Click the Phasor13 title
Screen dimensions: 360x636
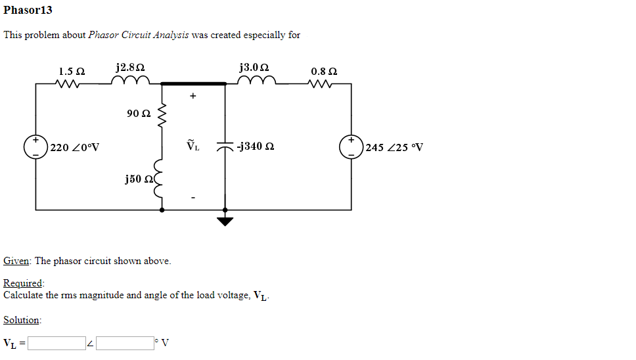click(x=28, y=11)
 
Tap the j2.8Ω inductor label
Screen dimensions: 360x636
click(x=130, y=68)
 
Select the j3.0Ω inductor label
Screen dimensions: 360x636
click(x=254, y=68)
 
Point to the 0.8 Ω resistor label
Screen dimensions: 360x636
click(x=324, y=71)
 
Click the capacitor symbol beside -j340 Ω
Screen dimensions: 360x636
click(x=225, y=146)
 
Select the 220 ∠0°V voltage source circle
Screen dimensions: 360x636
click(x=36, y=146)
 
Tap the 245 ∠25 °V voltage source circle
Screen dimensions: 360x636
click(x=351, y=146)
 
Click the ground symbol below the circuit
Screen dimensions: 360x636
click(x=225, y=220)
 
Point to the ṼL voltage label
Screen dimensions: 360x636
click(x=193, y=146)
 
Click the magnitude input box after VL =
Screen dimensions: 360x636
click(x=56, y=343)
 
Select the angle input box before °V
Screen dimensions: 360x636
click(x=124, y=343)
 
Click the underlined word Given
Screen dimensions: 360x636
click(x=16, y=261)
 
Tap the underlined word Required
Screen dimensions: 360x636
click(x=23, y=283)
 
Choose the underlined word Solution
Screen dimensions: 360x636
click(x=22, y=320)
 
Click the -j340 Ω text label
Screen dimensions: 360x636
click(x=256, y=146)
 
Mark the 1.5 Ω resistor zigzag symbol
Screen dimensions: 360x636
click(x=70, y=84)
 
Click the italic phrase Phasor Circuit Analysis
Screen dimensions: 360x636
click(x=138, y=35)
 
